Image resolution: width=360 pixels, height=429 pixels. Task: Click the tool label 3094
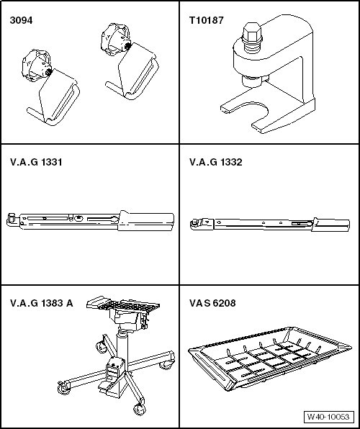pos(21,20)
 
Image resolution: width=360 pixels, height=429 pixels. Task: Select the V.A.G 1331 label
pos(36,162)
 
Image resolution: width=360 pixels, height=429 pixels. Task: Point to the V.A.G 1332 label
pos(216,162)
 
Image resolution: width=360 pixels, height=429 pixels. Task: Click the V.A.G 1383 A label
pos(42,303)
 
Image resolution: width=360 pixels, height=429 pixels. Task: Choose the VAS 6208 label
pos(212,303)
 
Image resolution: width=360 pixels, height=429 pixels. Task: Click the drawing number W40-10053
pos(328,417)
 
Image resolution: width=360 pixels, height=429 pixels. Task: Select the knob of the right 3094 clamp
pos(115,39)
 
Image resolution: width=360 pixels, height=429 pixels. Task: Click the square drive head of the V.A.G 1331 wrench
pos(12,219)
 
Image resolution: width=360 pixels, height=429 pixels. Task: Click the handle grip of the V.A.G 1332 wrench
pos(330,225)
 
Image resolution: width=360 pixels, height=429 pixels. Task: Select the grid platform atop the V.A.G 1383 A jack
pos(123,304)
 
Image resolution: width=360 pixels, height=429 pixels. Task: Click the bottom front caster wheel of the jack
pos(140,409)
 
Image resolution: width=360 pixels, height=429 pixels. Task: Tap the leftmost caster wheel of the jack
pos(63,388)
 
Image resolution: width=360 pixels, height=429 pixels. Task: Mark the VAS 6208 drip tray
pos(270,358)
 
